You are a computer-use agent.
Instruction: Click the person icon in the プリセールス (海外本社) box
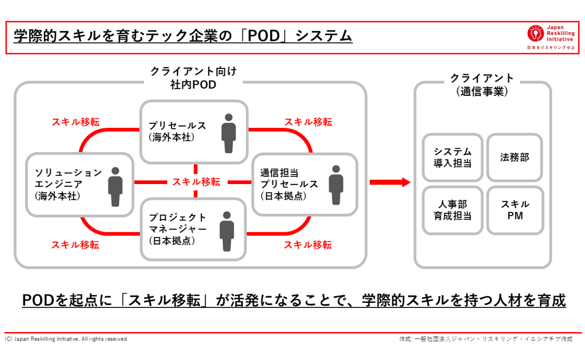(x=229, y=133)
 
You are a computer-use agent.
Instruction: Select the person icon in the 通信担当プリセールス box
(x=336, y=185)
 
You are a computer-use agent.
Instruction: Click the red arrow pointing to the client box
(x=390, y=182)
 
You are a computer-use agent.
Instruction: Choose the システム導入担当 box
(x=452, y=157)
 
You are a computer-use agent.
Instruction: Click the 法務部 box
(x=514, y=157)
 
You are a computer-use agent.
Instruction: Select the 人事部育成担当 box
(x=452, y=210)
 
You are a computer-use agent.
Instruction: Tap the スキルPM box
(x=515, y=210)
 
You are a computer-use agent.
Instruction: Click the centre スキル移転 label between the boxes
(x=196, y=182)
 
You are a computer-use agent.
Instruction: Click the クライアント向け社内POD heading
(x=193, y=78)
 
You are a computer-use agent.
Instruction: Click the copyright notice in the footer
(x=66, y=339)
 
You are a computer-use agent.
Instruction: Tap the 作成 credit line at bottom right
(x=486, y=339)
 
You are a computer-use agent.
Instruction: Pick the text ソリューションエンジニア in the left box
(x=68, y=178)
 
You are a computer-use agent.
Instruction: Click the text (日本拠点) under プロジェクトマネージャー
(x=171, y=241)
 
